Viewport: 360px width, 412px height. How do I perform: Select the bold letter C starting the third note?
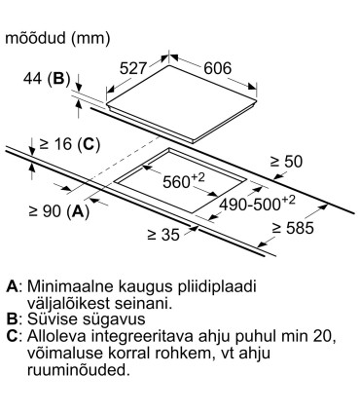click(12, 335)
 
